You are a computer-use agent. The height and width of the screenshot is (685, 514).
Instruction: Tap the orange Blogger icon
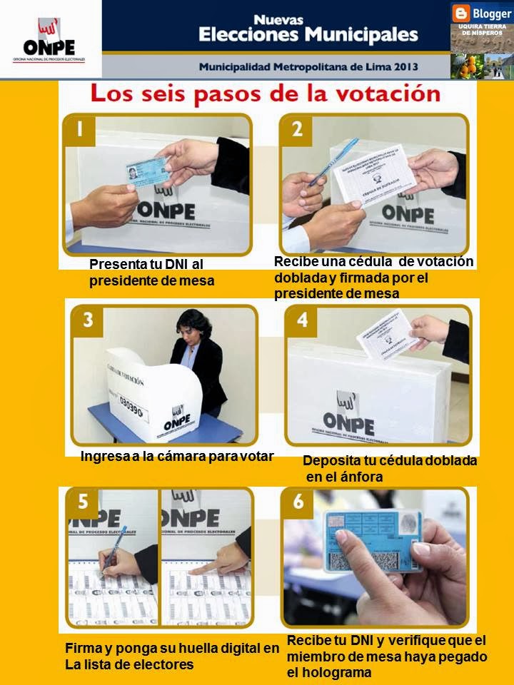click(461, 13)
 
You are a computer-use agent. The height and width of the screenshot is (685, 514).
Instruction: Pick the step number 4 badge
click(302, 321)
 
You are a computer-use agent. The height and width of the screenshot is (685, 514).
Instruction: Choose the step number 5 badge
click(84, 502)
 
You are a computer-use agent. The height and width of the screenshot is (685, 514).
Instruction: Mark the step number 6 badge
click(298, 502)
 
